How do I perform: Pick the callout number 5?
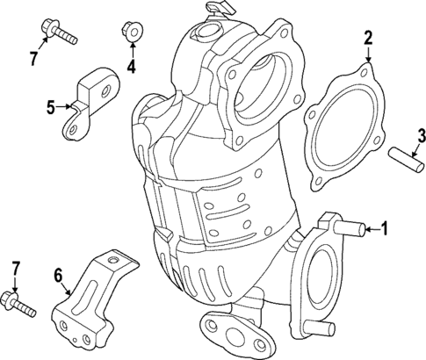[51, 107]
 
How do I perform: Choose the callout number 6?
[58, 277]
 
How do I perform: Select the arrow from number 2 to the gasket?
[367, 54]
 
